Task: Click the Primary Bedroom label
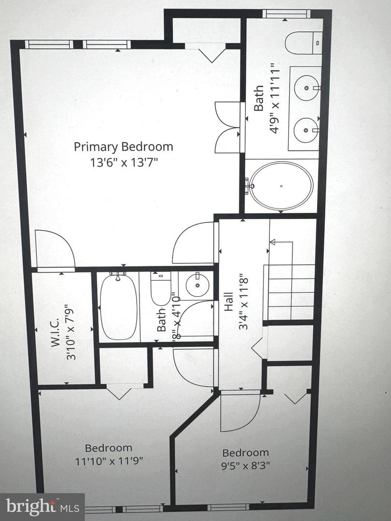click(123, 146)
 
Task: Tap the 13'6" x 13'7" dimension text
click(123, 162)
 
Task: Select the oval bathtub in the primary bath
click(281, 186)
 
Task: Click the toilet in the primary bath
click(303, 43)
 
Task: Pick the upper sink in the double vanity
click(307, 88)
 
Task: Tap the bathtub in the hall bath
click(118, 307)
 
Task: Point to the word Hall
click(229, 302)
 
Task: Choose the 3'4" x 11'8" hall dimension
click(244, 302)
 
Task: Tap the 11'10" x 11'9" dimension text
click(109, 461)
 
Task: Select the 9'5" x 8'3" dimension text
click(245, 466)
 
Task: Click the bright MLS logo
click(42, 507)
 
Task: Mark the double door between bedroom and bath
click(227, 127)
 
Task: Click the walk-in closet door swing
click(55, 249)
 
